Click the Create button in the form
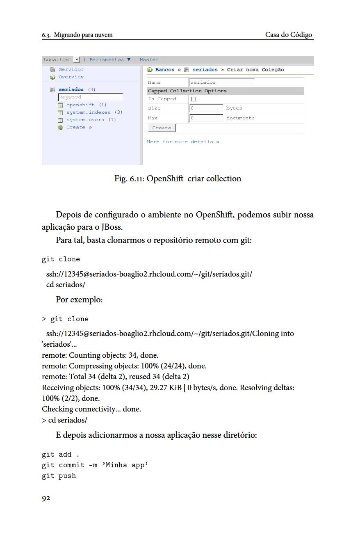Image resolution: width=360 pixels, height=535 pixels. tap(162, 128)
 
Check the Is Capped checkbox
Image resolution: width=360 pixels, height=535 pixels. tap(194, 99)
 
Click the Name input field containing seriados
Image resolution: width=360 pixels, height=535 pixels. tap(222, 82)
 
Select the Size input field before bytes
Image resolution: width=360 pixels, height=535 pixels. tap(207, 108)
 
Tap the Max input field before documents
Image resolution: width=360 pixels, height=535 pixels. tap(207, 118)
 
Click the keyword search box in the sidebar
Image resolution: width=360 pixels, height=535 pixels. tap(90, 97)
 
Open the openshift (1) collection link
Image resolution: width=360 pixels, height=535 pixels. tap(86, 105)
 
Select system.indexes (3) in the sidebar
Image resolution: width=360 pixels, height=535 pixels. tap(94, 112)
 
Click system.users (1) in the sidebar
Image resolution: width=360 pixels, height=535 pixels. tap(91, 120)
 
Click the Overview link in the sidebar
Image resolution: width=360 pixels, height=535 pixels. tap(71, 77)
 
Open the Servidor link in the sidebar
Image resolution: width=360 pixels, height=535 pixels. tap(71, 70)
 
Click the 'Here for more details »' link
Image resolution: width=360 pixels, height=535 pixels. tap(183, 142)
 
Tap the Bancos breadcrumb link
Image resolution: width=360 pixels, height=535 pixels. tap(164, 70)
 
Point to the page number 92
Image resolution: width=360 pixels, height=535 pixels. tap(46, 498)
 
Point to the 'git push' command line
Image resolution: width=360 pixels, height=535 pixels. tap(59, 476)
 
